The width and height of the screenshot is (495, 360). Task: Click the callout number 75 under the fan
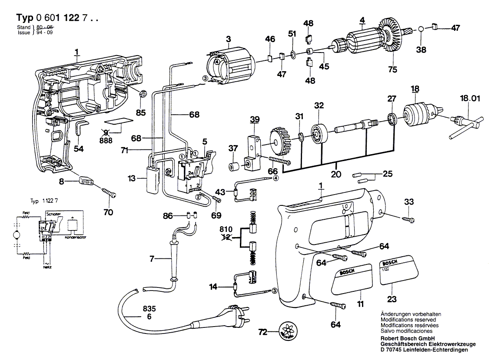(392, 69)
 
